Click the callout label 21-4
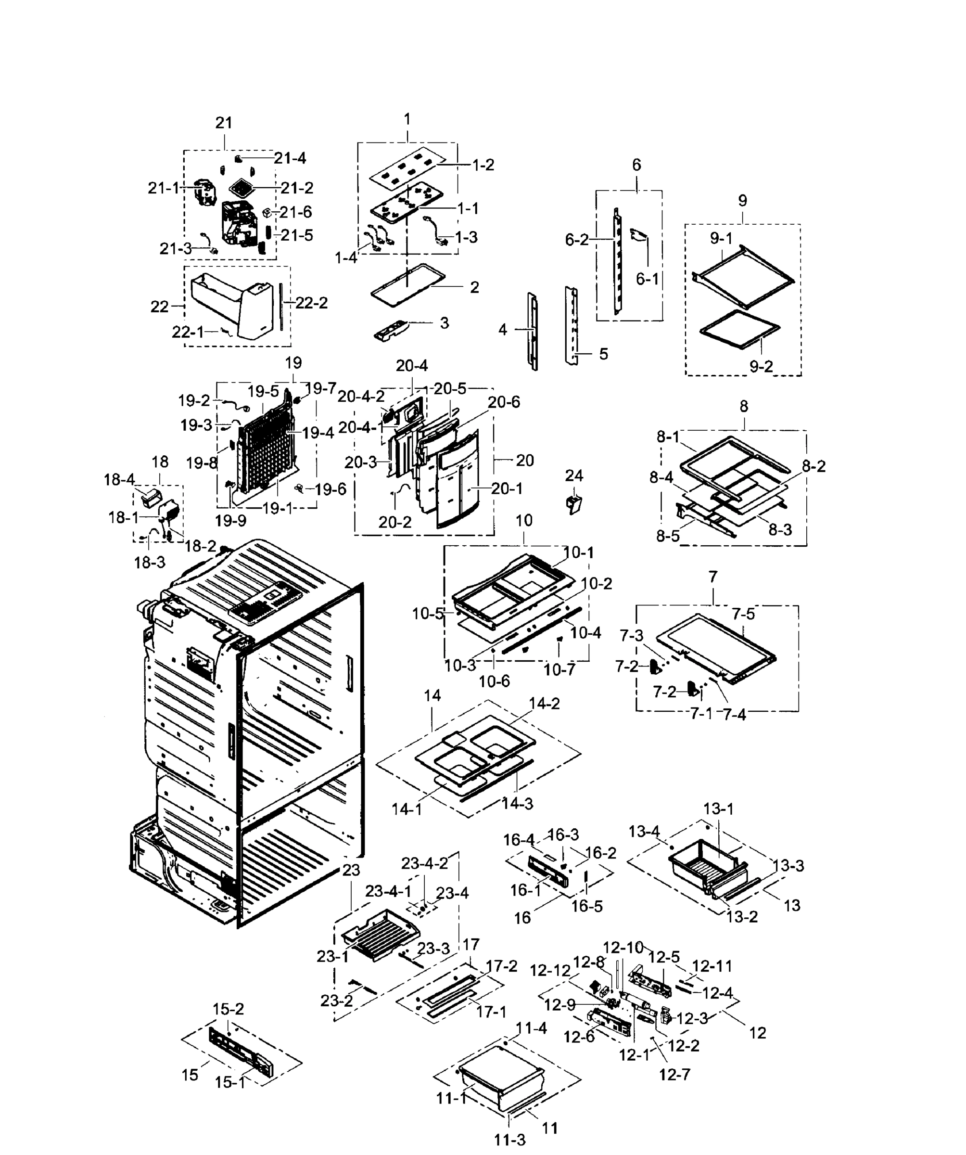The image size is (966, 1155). pos(290,158)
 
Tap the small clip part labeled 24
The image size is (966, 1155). pos(574,503)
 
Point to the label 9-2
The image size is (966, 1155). pos(761,366)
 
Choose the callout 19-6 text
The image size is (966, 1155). pos(330,489)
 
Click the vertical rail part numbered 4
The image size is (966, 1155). pos(533,331)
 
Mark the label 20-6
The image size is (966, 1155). pos(504,402)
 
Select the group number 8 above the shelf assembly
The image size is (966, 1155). pos(743,407)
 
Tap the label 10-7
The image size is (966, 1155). pos(559,669)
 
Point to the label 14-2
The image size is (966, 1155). pos(544,704)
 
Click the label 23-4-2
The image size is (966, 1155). pos(424,863)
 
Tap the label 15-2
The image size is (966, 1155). pos(228,1009)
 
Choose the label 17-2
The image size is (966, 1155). pos(501,966)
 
